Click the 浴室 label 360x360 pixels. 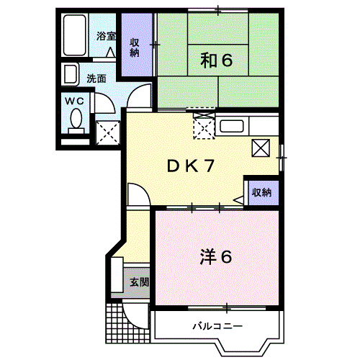(x=105, y=35)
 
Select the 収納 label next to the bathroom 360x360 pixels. (x=135, y=47)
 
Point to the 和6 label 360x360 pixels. (x=216, y=61)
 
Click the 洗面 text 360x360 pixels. (x=96, y=78)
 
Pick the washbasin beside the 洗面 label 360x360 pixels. (x=71, y=74)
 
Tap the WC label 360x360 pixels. (x=76, y=102)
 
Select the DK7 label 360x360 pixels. (x=192, y=166)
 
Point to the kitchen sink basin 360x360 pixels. (x=232, y=127)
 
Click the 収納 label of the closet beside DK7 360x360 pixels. (x=261, y=192)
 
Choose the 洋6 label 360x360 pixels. (x=216, y=256)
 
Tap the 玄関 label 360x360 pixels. (x=139, y=282)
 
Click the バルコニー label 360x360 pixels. (x=217, y=326)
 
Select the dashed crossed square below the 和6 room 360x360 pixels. (x=204, y=127)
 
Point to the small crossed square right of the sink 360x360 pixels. (x=261, y=148)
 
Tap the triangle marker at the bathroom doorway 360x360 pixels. (x=109, y=53)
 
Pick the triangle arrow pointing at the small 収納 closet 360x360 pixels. (x=240, y=199)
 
